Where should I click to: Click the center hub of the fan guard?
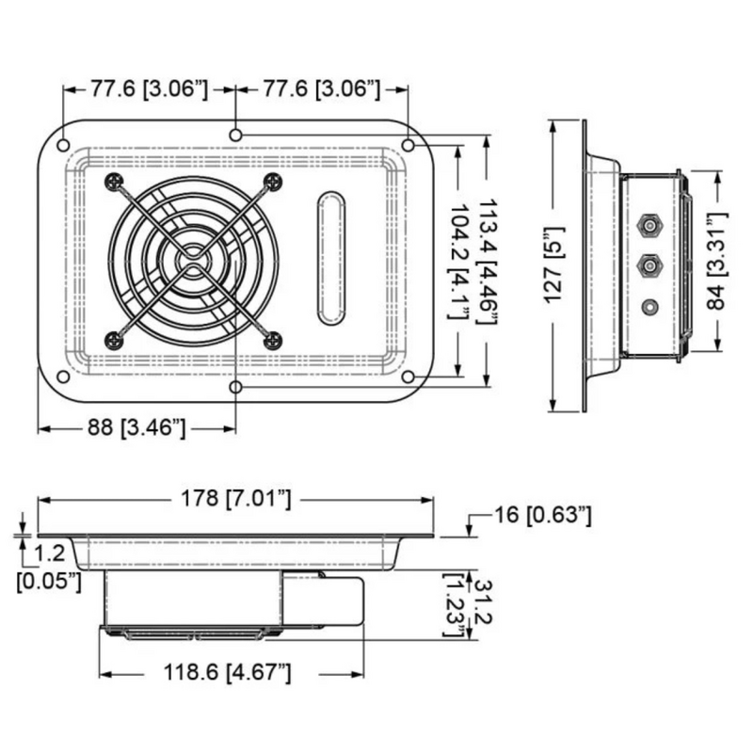193,261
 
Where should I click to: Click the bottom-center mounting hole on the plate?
235,386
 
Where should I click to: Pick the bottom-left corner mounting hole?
63,377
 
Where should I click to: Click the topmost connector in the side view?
648,226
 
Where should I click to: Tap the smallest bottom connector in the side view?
648,306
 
